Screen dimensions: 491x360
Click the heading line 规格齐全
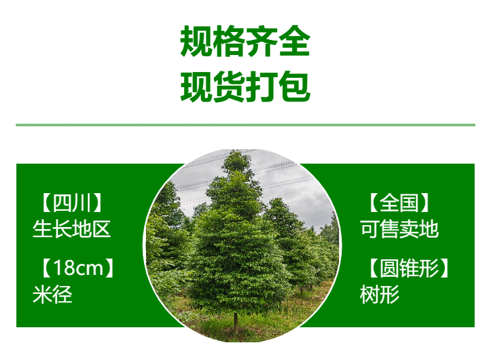click(245, 41)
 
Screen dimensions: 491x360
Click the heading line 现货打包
click(245, 86)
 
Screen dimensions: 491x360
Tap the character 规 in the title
click(196, 41)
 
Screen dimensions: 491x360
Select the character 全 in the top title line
click(295, 41)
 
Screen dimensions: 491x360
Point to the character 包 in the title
click(295, 86)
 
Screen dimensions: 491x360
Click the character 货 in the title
click(228, 86)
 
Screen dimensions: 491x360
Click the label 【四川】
click(72, 203)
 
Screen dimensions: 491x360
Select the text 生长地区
click(72, 228)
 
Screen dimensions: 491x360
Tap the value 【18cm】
click(78, 268)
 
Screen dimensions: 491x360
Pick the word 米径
click(52, 294)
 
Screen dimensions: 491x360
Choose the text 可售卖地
click(399, 228)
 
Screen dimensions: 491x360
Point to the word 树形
click(380, 294)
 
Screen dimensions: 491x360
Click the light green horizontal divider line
click(245, 125)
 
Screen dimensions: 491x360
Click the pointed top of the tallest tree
click(233, 153)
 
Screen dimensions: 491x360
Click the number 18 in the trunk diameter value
click(64, 268)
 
